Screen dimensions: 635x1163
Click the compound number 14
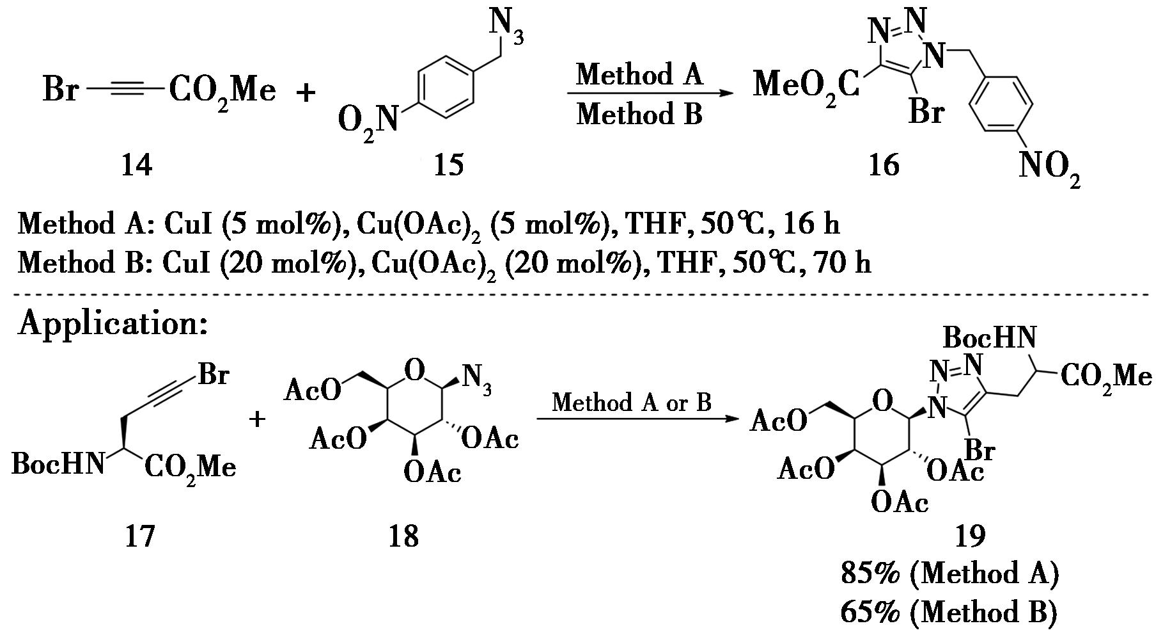coord(137,166)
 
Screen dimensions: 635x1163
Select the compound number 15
coord(448,166)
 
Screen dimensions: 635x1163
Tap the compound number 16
coord(883,166)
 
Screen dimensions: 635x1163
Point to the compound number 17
coord(139,535)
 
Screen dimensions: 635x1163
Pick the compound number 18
coord(403,535)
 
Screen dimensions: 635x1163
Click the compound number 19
coord(970,535)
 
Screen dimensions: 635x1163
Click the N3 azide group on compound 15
coord(506,27)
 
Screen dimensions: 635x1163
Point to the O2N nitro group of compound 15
coord(367,122)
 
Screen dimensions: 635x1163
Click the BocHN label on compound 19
coord(989,337)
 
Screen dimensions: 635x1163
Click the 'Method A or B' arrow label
coord(631,403)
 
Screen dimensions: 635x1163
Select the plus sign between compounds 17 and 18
coord(257,420)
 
